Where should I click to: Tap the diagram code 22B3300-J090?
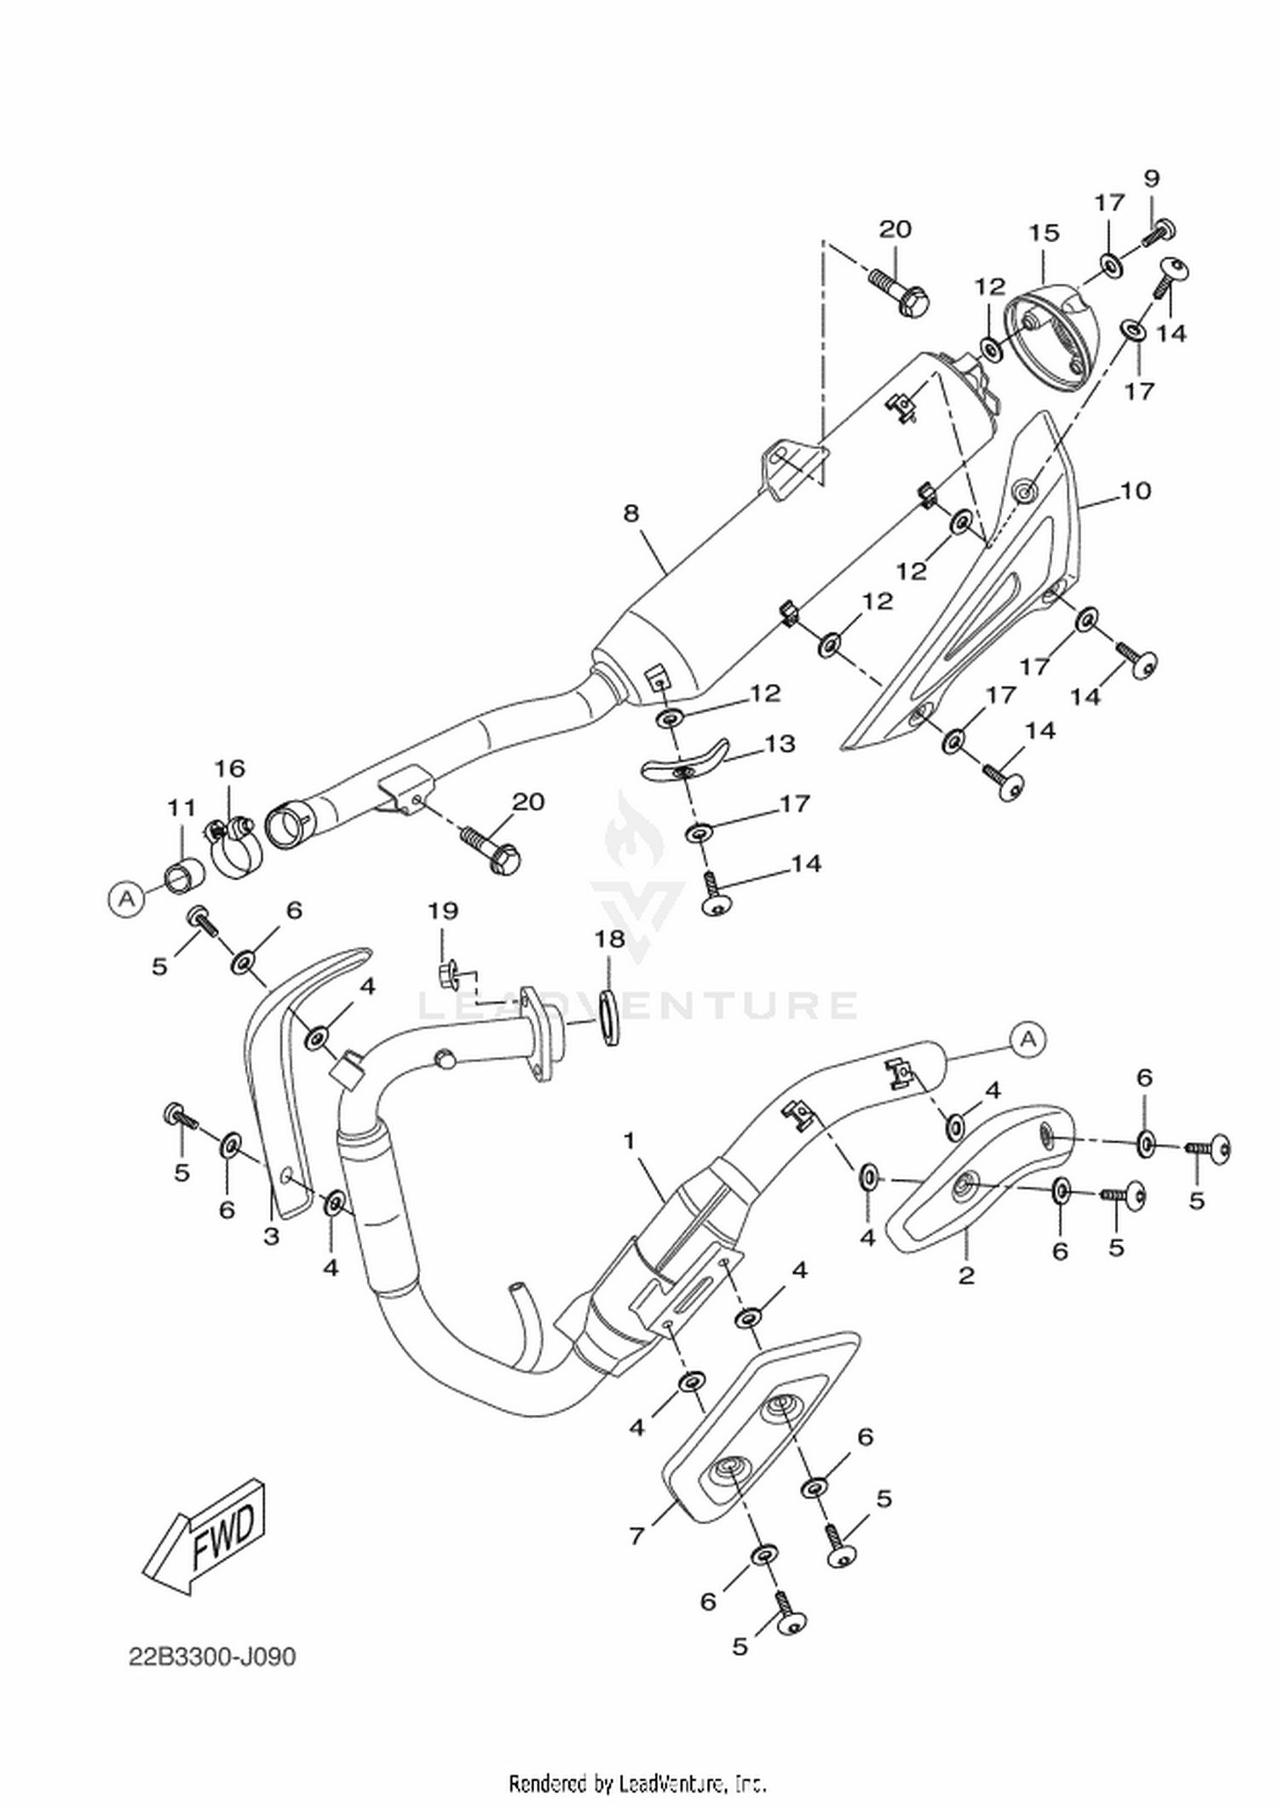(x=212, y=1657)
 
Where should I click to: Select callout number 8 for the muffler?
(x=630, y=513)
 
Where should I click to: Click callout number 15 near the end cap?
(x=1044, y=233)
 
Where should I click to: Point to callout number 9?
(x=1152, y=178)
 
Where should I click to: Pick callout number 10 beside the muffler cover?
(x=1136, y=491)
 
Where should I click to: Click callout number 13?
(x=780, y=744)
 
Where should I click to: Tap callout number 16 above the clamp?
(x=229, y=768)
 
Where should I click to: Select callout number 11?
(x=181, y=807)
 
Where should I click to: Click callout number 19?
(x=443, y=911)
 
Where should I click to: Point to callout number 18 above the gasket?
(x=610, y=939)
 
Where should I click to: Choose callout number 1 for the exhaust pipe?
(x=630, y=1140)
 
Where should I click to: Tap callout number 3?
(x=271, y=1235)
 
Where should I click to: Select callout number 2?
(x=966, y=1275)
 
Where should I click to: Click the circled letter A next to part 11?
(x=126, y=898)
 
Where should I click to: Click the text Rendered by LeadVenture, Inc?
(x=637, y=1782)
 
